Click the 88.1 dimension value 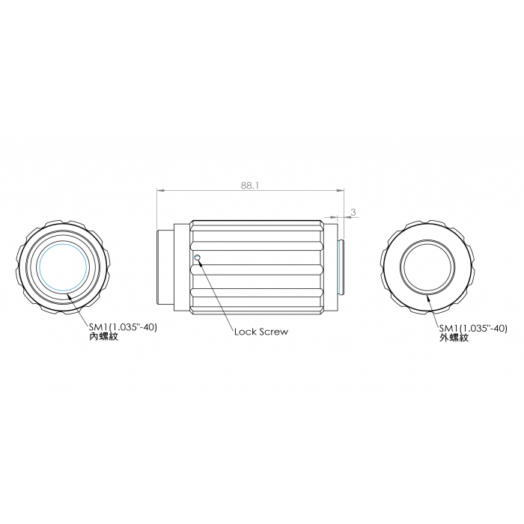(250, 186)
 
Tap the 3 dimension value (353, 212)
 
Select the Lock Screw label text (261, 332)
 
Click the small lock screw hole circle (197, 258)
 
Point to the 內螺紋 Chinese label (103, 336)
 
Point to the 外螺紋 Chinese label (454, 338)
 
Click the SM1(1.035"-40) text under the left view (123, 327)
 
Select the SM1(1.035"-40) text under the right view (473, 329)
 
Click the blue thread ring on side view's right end (341, 267)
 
